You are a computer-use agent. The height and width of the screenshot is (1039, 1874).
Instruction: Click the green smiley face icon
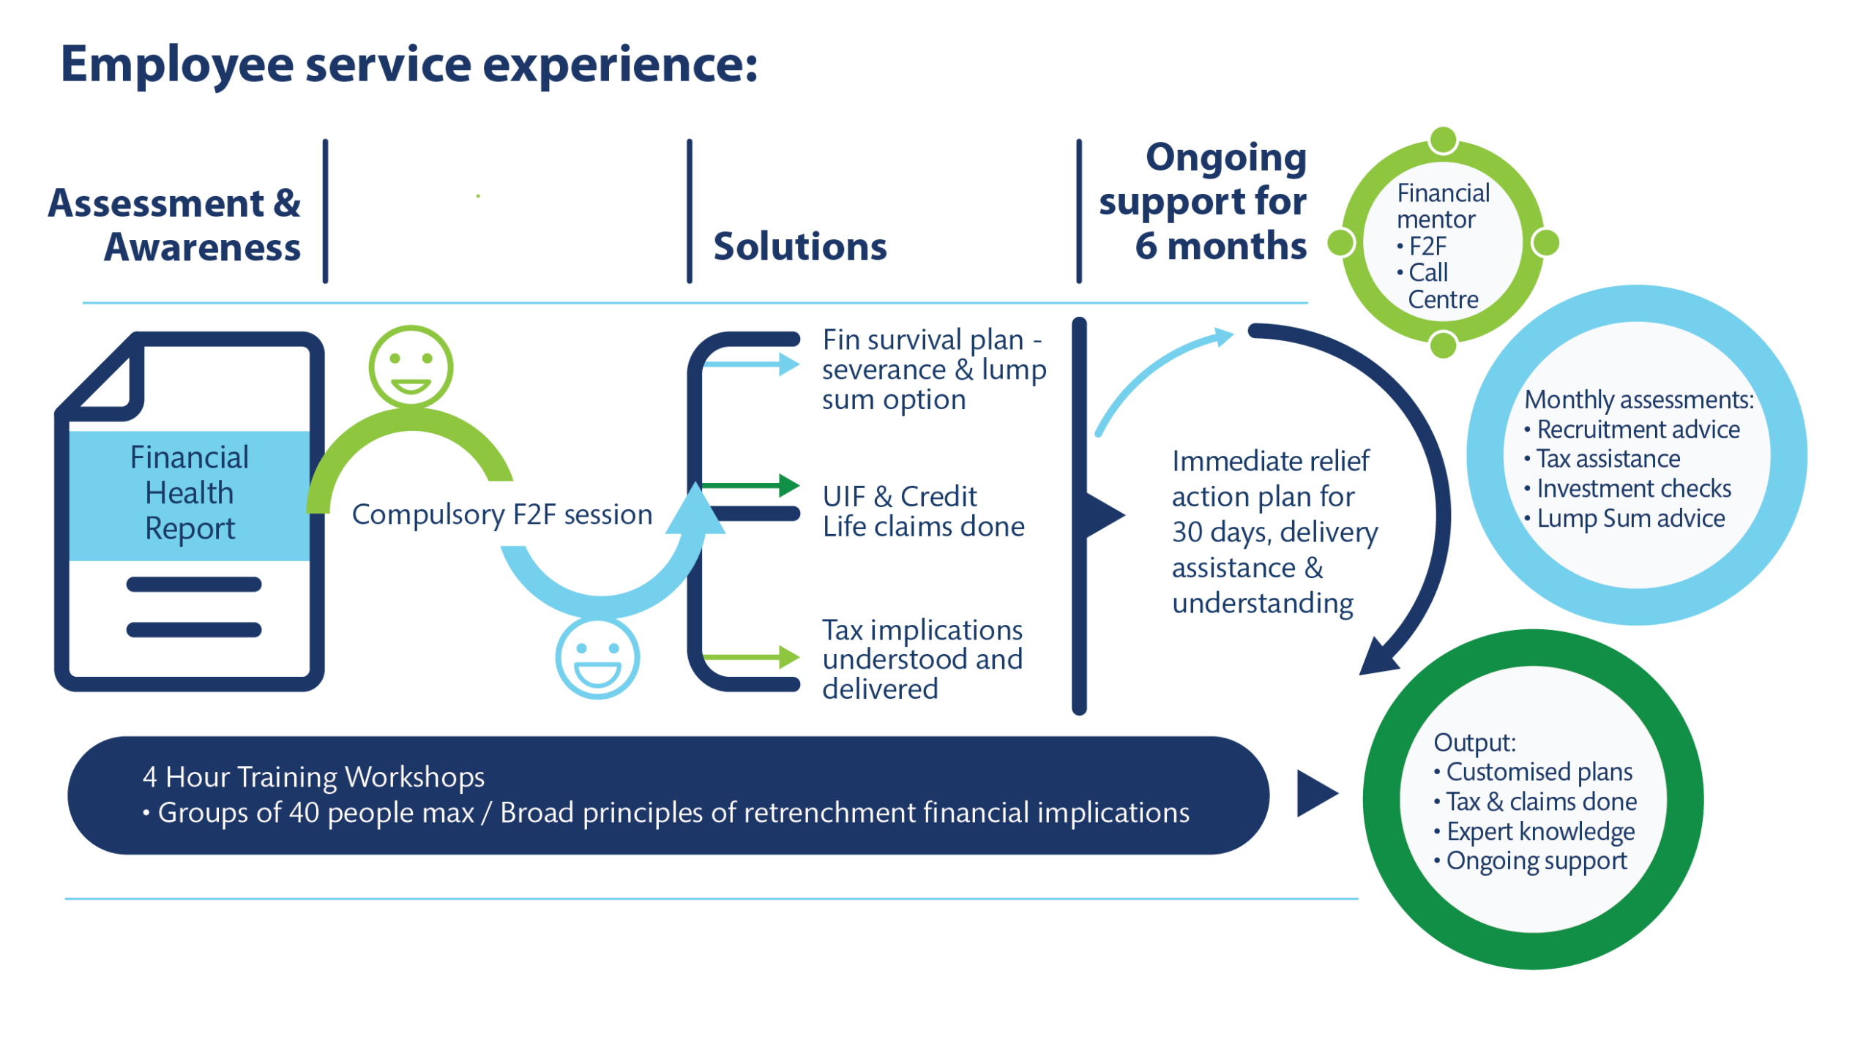point(411,367)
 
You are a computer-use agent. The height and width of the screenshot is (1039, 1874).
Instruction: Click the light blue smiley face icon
point(597,658)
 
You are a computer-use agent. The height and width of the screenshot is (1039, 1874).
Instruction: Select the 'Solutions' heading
point(799,247)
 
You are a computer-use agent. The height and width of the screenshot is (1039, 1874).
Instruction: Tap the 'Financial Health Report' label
point(190,493)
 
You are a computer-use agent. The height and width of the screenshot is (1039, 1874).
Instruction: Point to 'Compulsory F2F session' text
point(502,515)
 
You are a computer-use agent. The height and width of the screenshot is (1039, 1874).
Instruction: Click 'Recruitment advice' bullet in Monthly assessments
point(1638,430)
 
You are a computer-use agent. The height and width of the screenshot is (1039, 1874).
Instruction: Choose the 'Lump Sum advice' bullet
point(1630,519)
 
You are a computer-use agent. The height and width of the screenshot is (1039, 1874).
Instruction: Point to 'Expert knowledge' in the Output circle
point(1540,832)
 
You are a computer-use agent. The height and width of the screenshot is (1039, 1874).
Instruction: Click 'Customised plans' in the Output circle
point(1539,773)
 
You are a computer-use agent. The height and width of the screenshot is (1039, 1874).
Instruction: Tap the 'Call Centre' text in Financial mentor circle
point(1435,286)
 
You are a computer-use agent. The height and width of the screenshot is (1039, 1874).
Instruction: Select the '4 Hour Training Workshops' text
point(313,777)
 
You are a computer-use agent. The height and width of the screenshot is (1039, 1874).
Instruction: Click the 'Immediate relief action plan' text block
point(1274,532)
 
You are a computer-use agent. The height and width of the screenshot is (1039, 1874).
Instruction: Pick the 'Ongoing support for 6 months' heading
point(1203,202)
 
